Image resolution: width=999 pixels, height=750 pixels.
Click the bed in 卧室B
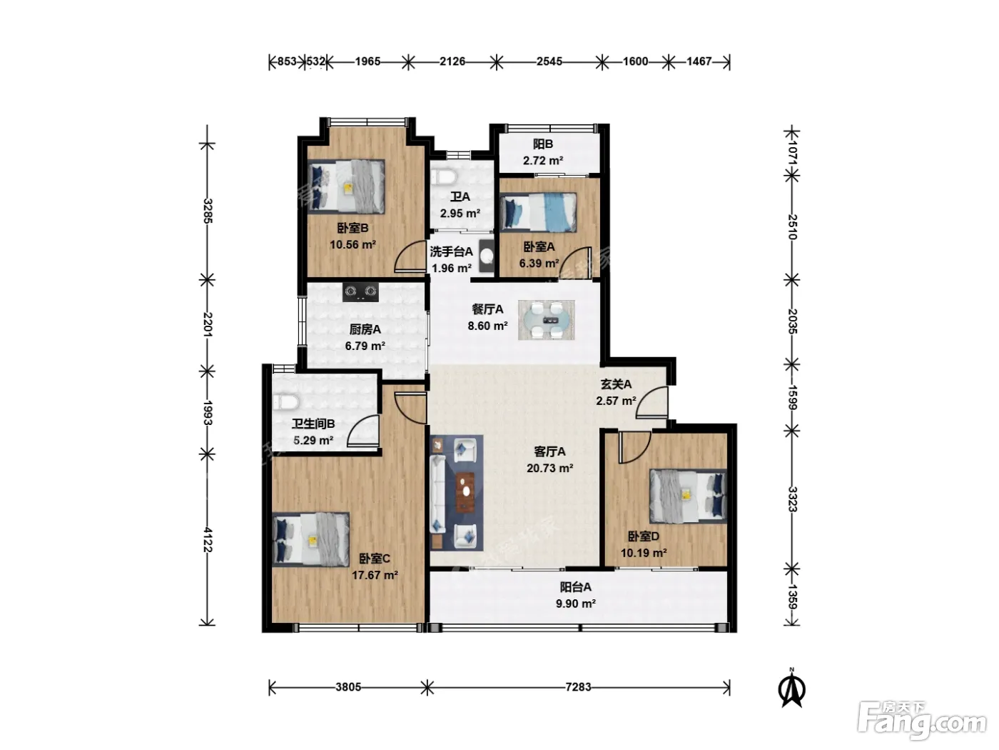(346, 186)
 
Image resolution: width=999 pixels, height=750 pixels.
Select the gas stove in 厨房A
(361, 292)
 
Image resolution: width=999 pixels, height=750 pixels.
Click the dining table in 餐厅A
(546, 320)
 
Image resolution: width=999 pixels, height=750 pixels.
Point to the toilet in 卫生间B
(285, 402)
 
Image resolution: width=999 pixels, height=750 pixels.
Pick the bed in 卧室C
(311, 539)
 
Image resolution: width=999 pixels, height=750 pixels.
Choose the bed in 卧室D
(688, 496)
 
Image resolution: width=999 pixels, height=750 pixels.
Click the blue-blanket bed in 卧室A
(538, 212)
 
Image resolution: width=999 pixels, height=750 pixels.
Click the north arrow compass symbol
(791, 689)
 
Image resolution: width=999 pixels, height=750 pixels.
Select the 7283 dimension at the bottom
(578, 686)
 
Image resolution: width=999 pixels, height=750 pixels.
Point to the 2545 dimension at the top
(549, 61)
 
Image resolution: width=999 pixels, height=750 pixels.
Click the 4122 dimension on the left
(208, 539)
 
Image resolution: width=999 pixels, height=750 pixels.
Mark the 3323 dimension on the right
(792, 499)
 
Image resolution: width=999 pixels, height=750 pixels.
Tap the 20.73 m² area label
(549, 468)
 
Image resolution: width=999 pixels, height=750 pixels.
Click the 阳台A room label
(575, 587)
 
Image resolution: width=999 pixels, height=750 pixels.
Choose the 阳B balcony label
(543, 144)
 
